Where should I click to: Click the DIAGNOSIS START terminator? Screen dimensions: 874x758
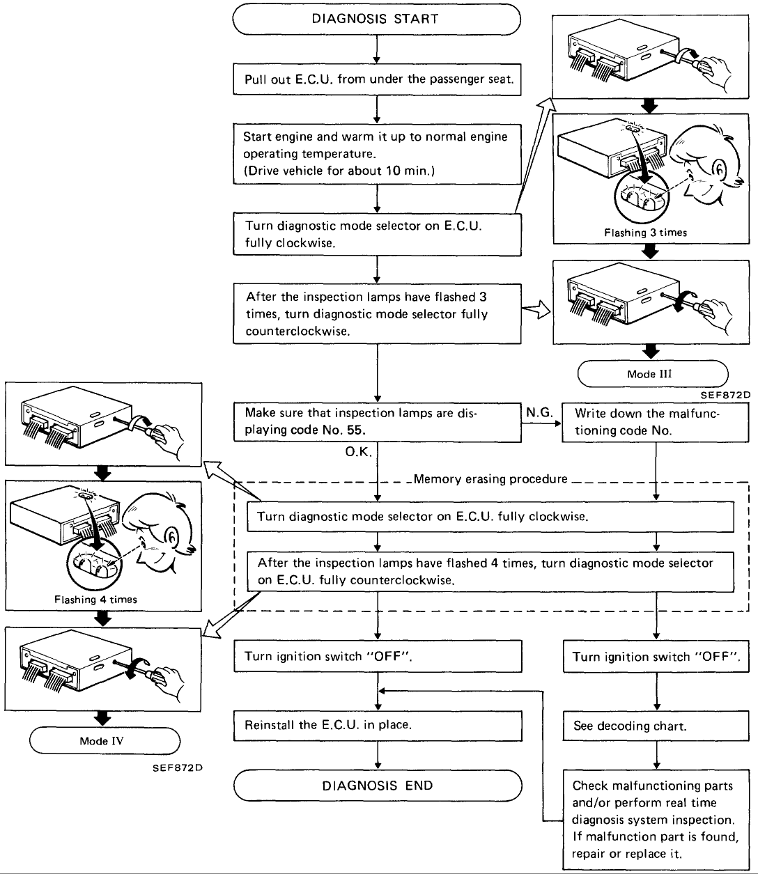376,19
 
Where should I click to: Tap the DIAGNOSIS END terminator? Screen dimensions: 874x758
377,786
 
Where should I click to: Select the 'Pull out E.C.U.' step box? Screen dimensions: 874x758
377,79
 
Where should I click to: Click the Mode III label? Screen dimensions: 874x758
652,374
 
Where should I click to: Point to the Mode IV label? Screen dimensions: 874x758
105,741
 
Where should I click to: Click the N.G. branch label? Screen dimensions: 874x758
539,413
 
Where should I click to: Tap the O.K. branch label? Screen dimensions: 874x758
359,452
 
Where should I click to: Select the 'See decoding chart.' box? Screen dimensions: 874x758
655,726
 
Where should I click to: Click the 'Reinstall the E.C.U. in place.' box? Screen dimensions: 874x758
377,725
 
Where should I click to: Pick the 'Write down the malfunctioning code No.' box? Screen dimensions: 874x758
655,422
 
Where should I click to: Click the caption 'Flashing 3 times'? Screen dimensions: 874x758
645,233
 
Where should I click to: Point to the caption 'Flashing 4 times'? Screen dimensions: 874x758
95,599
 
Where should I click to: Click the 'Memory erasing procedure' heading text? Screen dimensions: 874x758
490,479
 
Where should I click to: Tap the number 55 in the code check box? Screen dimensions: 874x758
355,430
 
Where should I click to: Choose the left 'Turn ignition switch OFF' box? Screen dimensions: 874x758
377,656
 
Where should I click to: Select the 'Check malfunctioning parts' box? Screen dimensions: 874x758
655,820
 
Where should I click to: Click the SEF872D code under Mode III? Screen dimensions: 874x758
725,395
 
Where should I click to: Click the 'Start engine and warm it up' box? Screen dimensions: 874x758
377,154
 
